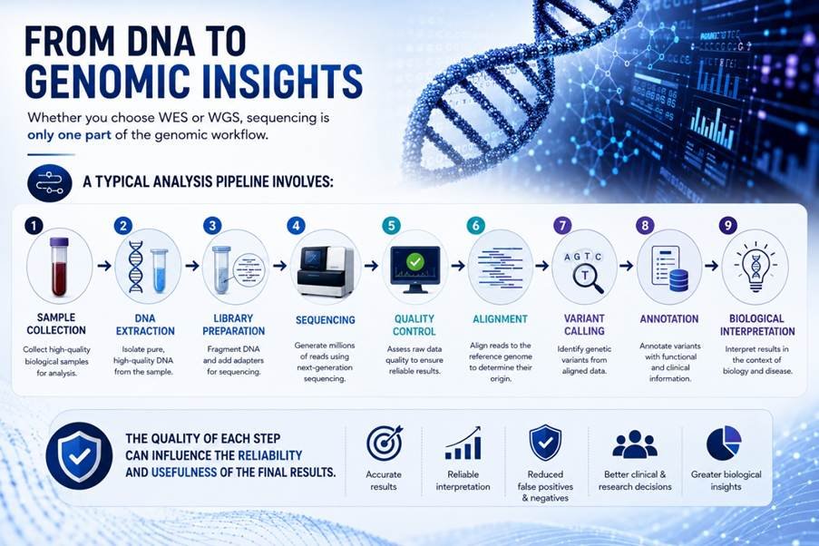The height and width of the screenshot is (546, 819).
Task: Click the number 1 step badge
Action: (x=34, y=226)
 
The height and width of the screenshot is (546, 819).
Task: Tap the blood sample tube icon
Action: (x=58, y=266)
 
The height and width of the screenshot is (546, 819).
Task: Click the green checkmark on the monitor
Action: (x=415, y=261)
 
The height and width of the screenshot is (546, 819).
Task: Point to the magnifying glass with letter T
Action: (x=588, y=278)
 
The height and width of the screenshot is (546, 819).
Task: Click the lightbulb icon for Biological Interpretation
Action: (x=756, y=267)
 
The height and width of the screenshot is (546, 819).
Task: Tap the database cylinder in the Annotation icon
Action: (x=678, y=280)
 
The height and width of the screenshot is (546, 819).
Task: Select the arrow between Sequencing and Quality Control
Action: (x=371, y=266)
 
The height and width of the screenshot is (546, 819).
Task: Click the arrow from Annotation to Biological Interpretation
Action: (x=711, y=266)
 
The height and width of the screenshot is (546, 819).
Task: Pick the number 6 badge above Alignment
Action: (x=475, y=226)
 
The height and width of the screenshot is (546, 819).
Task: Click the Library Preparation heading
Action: (x=233, y=325)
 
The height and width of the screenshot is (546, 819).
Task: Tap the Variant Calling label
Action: (x=584, y=325)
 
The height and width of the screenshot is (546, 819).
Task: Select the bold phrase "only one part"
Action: (x=69, y=135)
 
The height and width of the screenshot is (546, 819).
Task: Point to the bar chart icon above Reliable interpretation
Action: (x=463, y=444)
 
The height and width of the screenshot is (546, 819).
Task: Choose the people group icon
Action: (x=635, y=444)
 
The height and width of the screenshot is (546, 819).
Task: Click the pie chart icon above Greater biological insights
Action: (x=724, y=444)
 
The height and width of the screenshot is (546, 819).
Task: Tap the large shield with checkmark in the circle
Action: (x=79, y=455)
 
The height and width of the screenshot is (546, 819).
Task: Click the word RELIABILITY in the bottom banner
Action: (x=270, y=455)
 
